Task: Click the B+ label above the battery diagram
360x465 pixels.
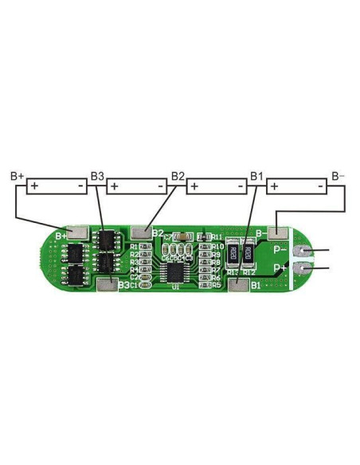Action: (17, 175)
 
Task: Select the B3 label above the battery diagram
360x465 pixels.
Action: (97, 175)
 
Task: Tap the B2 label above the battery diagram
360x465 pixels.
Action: (178, 175)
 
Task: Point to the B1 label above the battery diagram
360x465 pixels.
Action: (257, 175)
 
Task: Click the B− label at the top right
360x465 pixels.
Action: (338, 175)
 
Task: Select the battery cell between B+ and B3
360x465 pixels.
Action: (57, 186)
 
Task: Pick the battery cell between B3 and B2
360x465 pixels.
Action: (137, 186)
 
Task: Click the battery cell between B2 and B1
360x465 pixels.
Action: (217, 186)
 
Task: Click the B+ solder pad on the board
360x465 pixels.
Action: (78, 232)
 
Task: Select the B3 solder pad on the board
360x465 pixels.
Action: (105, 284)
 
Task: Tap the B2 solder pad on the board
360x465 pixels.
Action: (142, 232)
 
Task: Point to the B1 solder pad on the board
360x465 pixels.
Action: (237, 284)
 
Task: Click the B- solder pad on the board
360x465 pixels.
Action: (276, 232)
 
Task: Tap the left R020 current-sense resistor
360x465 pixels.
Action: (232, 254)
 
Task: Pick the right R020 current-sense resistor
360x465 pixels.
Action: (248, 254)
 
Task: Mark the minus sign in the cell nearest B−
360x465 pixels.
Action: (319, 186)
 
